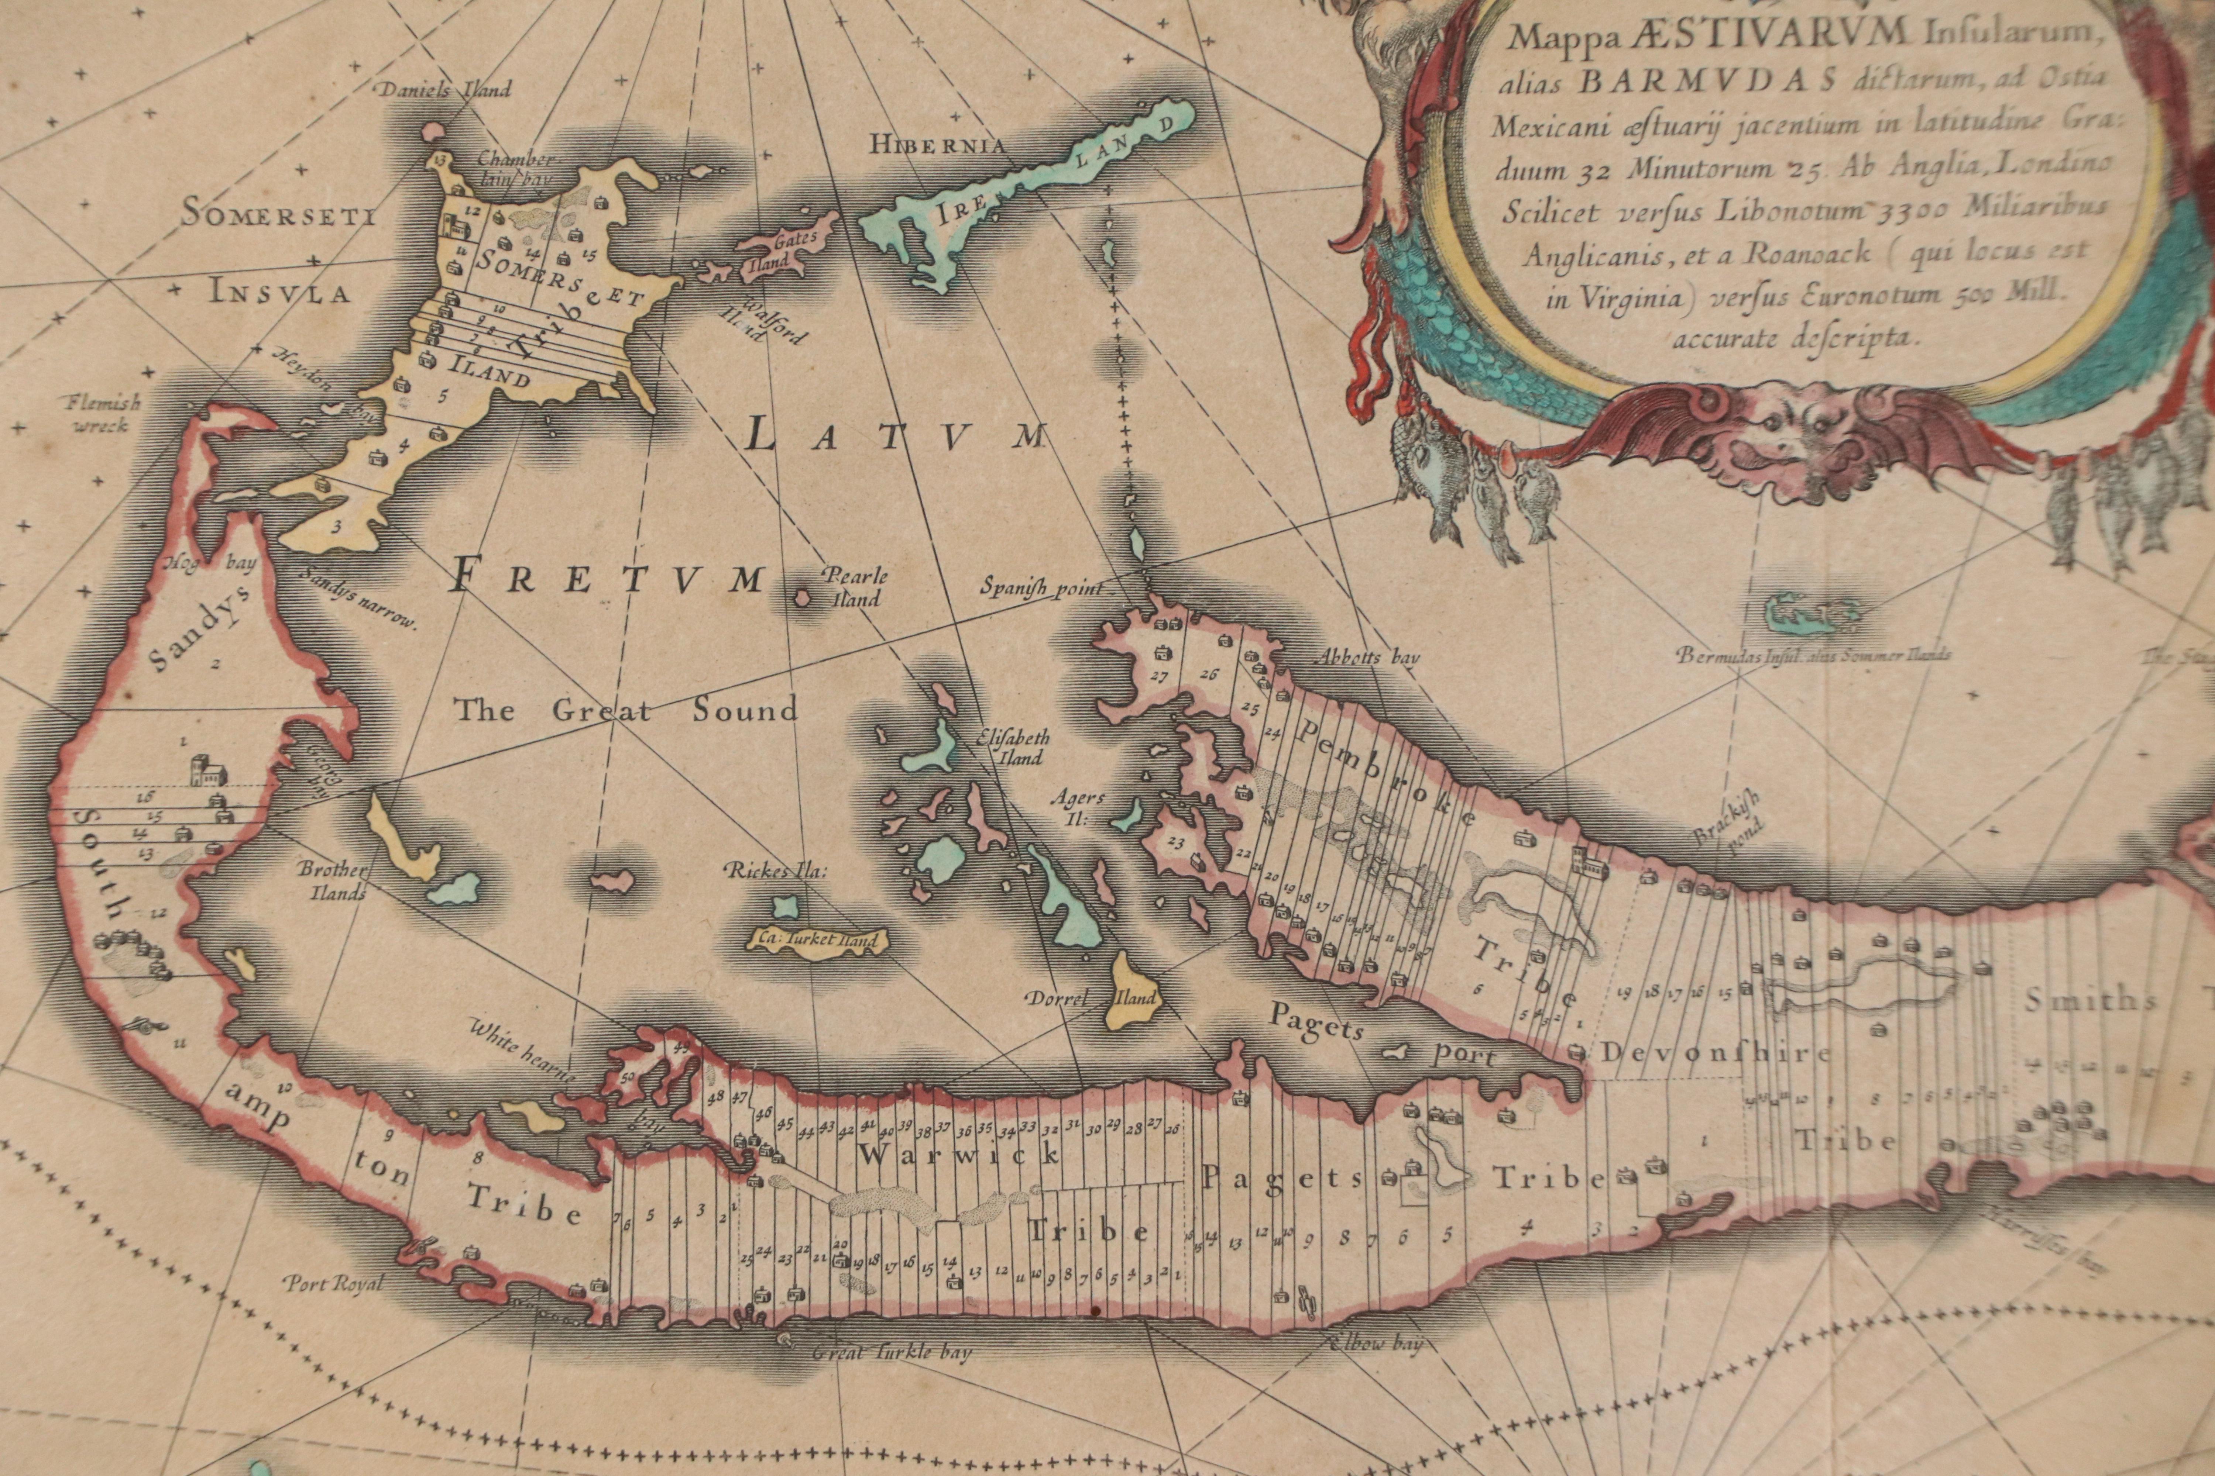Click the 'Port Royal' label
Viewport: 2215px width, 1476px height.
point(333,1283)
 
